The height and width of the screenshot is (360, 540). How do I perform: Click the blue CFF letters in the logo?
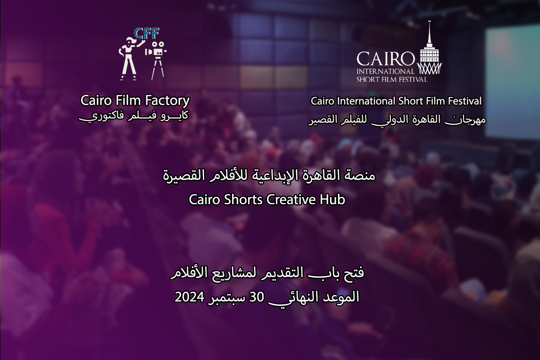(x=146, y=33)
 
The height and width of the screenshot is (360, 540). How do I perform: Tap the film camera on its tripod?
(x=156, y=61)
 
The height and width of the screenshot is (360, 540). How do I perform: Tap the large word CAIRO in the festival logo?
(x=386, y=59)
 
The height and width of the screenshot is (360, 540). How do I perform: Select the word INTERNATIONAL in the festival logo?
(x=385, y=71)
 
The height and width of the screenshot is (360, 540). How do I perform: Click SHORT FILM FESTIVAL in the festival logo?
(x=392, y=80)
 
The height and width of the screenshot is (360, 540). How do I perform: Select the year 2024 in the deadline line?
(x=189, y=297)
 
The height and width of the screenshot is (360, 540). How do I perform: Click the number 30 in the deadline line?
(x=256, y=297)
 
